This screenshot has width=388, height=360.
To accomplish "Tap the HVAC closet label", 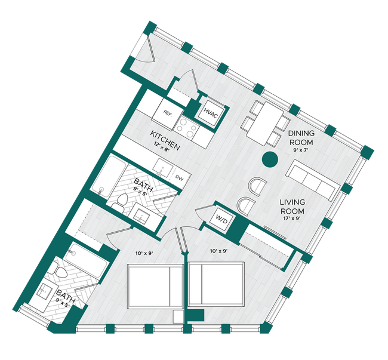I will pyautogui.click(x=210, y=112).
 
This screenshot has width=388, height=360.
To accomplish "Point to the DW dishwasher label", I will pyautogui.click(x=179, y=176).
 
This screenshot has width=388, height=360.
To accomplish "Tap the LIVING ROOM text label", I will pyautogui.click(x=292, y=207).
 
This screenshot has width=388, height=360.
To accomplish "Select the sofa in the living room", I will pyautogui.click(x=310, y=180).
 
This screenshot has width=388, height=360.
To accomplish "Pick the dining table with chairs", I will pyautogui.click(x=263, y=123).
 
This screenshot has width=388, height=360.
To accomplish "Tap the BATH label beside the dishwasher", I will pyautogui.click(x=143, y=181).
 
